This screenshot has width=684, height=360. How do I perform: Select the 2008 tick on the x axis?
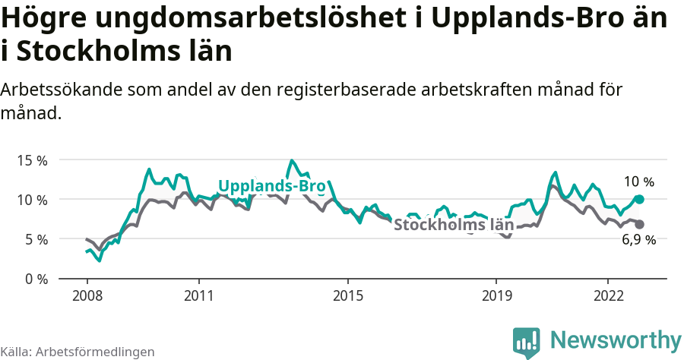click(x=87, y=295)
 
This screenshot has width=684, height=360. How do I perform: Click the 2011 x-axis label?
click(x=198, y=295)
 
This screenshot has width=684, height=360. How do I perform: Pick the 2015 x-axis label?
click(x=347, y=295)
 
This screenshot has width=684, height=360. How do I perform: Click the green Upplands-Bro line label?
click(x=271, y=186)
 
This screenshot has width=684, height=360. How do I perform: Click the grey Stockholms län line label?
click(x=453, y=225)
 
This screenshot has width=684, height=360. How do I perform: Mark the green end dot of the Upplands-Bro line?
click(x=639, y=199)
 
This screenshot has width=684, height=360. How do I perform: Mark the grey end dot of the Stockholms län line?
click(x=639, y=224)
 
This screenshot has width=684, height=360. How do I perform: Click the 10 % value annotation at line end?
click(x=638, y=182)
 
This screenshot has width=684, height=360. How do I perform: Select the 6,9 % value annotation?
click(x=638, y=240)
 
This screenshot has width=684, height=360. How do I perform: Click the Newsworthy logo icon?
click(x=526, y=342)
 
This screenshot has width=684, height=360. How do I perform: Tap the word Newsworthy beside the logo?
click(x=616, y=339)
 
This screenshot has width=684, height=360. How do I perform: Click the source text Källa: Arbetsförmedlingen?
click(x=78, y=352)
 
